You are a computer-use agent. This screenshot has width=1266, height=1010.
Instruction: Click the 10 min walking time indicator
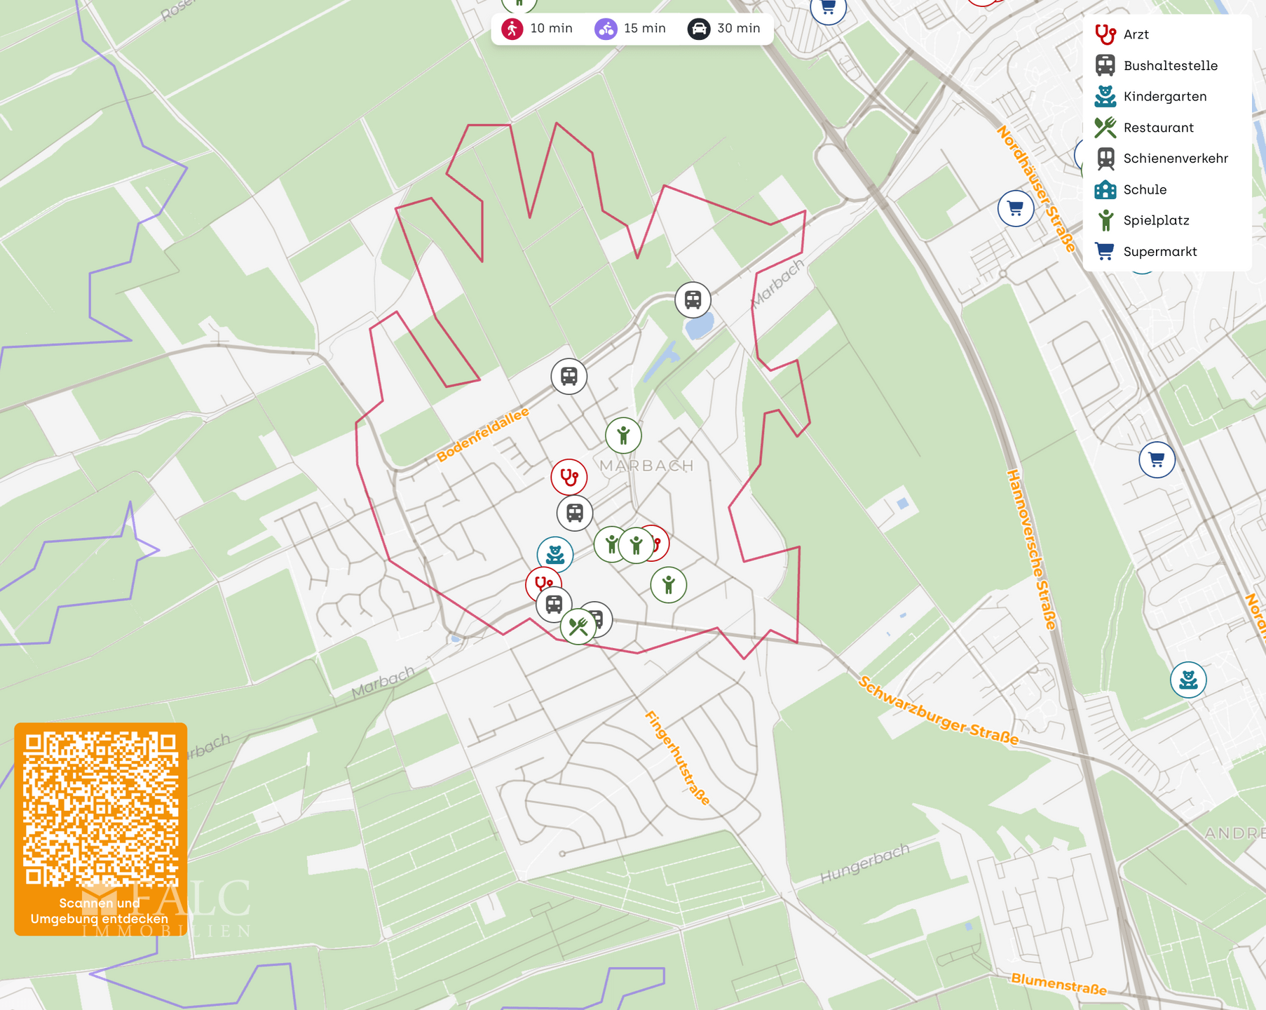(538, 29)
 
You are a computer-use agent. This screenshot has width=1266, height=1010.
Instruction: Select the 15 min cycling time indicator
(631, 29)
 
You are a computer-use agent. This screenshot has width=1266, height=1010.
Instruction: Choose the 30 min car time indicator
(725, 29)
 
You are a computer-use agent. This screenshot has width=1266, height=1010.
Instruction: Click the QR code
(100, 809)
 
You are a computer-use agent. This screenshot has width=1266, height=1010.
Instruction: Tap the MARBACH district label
(646, 466)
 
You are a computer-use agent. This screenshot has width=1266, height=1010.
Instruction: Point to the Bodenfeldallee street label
(482, 435)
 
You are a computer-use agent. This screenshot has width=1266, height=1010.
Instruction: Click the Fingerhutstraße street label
(677, 757)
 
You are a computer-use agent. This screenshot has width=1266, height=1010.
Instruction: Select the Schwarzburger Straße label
(938, 711)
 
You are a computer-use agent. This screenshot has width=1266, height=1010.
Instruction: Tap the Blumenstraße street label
(1059, 984)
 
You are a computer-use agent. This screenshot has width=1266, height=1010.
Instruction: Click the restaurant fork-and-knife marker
(578, 626)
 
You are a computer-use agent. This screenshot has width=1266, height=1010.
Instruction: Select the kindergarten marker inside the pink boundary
(555, 554)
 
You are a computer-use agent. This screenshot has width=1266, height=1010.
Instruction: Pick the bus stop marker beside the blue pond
(693, 299)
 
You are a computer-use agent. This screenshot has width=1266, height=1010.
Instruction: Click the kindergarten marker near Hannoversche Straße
(1188, 680)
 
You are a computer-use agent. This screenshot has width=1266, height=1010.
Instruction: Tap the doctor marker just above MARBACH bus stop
(569, 477)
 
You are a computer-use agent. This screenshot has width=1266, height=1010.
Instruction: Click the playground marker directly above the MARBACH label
(623, 436)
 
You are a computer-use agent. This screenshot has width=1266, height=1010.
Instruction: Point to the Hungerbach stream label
(865, 863)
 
